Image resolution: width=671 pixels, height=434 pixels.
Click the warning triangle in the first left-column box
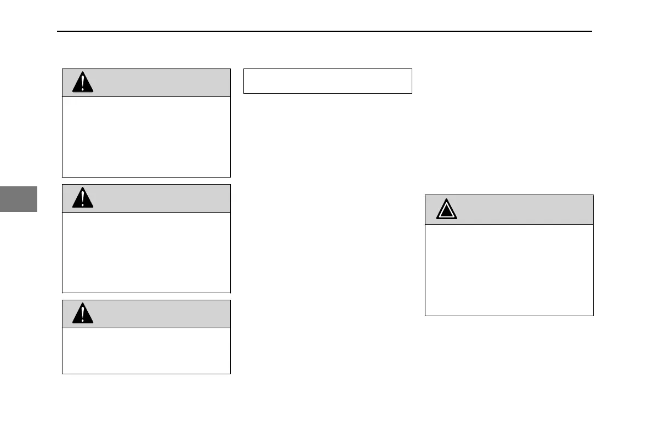(x=83, y=83)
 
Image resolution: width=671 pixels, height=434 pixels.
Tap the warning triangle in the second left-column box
(x=83, y=198)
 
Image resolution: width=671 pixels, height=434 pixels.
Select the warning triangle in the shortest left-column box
(x=83, y=314)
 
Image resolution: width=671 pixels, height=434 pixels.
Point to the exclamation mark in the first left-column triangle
(x=83, y=83)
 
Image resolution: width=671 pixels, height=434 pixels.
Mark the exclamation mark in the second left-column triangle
(x=83, y=199)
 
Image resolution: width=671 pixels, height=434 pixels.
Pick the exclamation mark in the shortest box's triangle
(x=83, y=315)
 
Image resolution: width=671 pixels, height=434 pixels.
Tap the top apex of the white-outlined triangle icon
(x=447, y=199)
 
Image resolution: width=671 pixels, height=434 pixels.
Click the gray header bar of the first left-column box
(x=159, y=83)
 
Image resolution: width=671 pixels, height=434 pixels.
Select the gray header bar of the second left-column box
(x=159, y=198)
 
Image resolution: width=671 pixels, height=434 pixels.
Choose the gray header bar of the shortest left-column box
(x=159, y=314)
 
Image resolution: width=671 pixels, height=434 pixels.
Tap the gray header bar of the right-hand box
(x=521, y=209)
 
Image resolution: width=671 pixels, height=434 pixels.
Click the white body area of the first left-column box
(x=146, y=137)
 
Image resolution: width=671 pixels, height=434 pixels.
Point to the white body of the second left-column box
(x=146, y=253)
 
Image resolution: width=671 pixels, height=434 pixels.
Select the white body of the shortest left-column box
(x=146, y=351)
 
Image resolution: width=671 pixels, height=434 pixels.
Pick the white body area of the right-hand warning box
(x=509, y=270)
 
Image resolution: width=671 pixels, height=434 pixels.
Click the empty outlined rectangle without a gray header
(x=327, y=81)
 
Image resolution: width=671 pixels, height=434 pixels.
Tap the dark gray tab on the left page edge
(x=19, y=199)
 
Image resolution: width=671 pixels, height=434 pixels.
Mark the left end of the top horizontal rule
(x=59, y=31)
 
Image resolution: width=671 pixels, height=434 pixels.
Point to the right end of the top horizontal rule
(x=591, y=31)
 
